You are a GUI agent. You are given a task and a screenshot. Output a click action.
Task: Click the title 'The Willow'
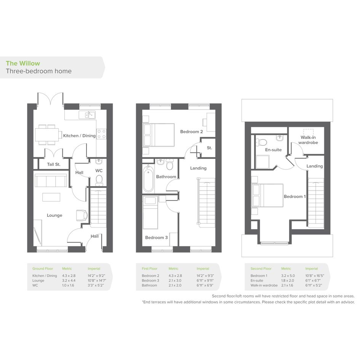pyautogui.click(x=23, y=63)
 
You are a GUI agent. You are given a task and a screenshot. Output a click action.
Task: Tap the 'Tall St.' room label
pyautogui.click(x=54, y=165)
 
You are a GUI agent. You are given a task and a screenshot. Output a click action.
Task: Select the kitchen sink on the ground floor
pyautogui.click(x=87, y=115)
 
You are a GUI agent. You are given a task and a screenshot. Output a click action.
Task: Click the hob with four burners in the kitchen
pyautogui.click(x=101, y=134)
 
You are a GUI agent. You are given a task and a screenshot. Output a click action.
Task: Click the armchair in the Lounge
pyautogui.click(x=82, y=216)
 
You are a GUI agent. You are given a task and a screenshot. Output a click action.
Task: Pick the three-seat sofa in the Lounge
pyautogui.click(x=51, y=181)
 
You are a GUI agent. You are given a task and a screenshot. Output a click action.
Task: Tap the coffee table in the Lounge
pyautogui.click(x=51, y=197)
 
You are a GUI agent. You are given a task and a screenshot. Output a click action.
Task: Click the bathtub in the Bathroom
pyautogui.click(x=148, y=179)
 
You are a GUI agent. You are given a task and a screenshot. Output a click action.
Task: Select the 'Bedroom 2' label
pyautogui.click(x=192, y=132)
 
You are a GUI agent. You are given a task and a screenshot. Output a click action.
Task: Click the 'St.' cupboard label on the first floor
pyautogui.click(x=210, y=148)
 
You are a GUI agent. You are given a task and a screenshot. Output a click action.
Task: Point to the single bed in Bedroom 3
pyautogui.click(x=150, y=213)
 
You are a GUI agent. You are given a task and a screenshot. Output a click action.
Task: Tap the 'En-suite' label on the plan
pyautogui.click(x=273, y=150)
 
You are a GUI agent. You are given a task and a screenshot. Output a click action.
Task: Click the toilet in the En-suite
pyautogui.click(x=261, y=142)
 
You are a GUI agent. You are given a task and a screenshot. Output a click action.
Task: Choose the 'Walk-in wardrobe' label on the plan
pyautogui.click(x=308, y=140)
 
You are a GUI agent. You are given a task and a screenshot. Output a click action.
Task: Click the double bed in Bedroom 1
pyautogui.click(x=267, y=195)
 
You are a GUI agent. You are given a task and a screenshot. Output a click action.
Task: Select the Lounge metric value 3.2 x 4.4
pyautogui.click(x=69, y=280)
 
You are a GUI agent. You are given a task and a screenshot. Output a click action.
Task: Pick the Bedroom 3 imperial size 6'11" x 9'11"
pyautogui.click(x=205, y=280)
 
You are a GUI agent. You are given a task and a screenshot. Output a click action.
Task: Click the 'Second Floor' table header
pyautogui.click(x=261, y=269)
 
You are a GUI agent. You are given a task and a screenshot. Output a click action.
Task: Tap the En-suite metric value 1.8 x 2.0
pyautogui.click(x=288, y=280)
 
